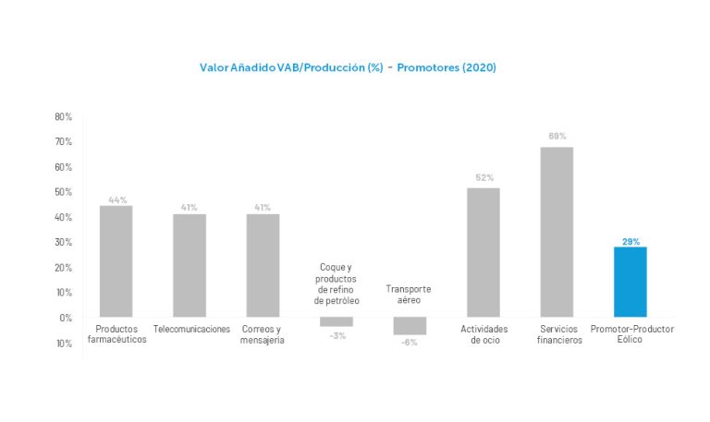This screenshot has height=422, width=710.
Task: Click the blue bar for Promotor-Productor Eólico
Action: coord(630,282)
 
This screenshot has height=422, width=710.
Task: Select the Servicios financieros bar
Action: coord(557,232)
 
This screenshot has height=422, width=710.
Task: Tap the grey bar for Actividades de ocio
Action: coord(484,252)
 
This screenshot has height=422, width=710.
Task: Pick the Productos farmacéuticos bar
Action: coord(116,261)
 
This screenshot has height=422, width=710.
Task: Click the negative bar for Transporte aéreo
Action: coord(410,325)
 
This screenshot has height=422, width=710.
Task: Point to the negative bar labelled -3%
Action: coord(337,321)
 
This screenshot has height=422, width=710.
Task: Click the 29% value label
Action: coord(630,241)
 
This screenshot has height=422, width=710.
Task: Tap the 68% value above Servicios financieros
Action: coord(557,136)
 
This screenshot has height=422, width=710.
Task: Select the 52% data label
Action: coord(484,177)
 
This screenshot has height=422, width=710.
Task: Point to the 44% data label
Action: coord(117,199)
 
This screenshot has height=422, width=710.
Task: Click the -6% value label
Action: coord(410,343)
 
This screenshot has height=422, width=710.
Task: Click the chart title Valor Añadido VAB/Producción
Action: coord(349,67)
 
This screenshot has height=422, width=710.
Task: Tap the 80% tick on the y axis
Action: coord(63,117)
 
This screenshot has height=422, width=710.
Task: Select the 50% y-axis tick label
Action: coord(63,192)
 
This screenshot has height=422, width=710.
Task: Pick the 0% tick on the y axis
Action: coord(66,318)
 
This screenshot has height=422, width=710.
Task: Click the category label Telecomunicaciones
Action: coord(191,330)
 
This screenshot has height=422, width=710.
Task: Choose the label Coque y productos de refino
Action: coord(337,284)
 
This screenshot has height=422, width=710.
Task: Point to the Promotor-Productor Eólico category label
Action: coord(631,334)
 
